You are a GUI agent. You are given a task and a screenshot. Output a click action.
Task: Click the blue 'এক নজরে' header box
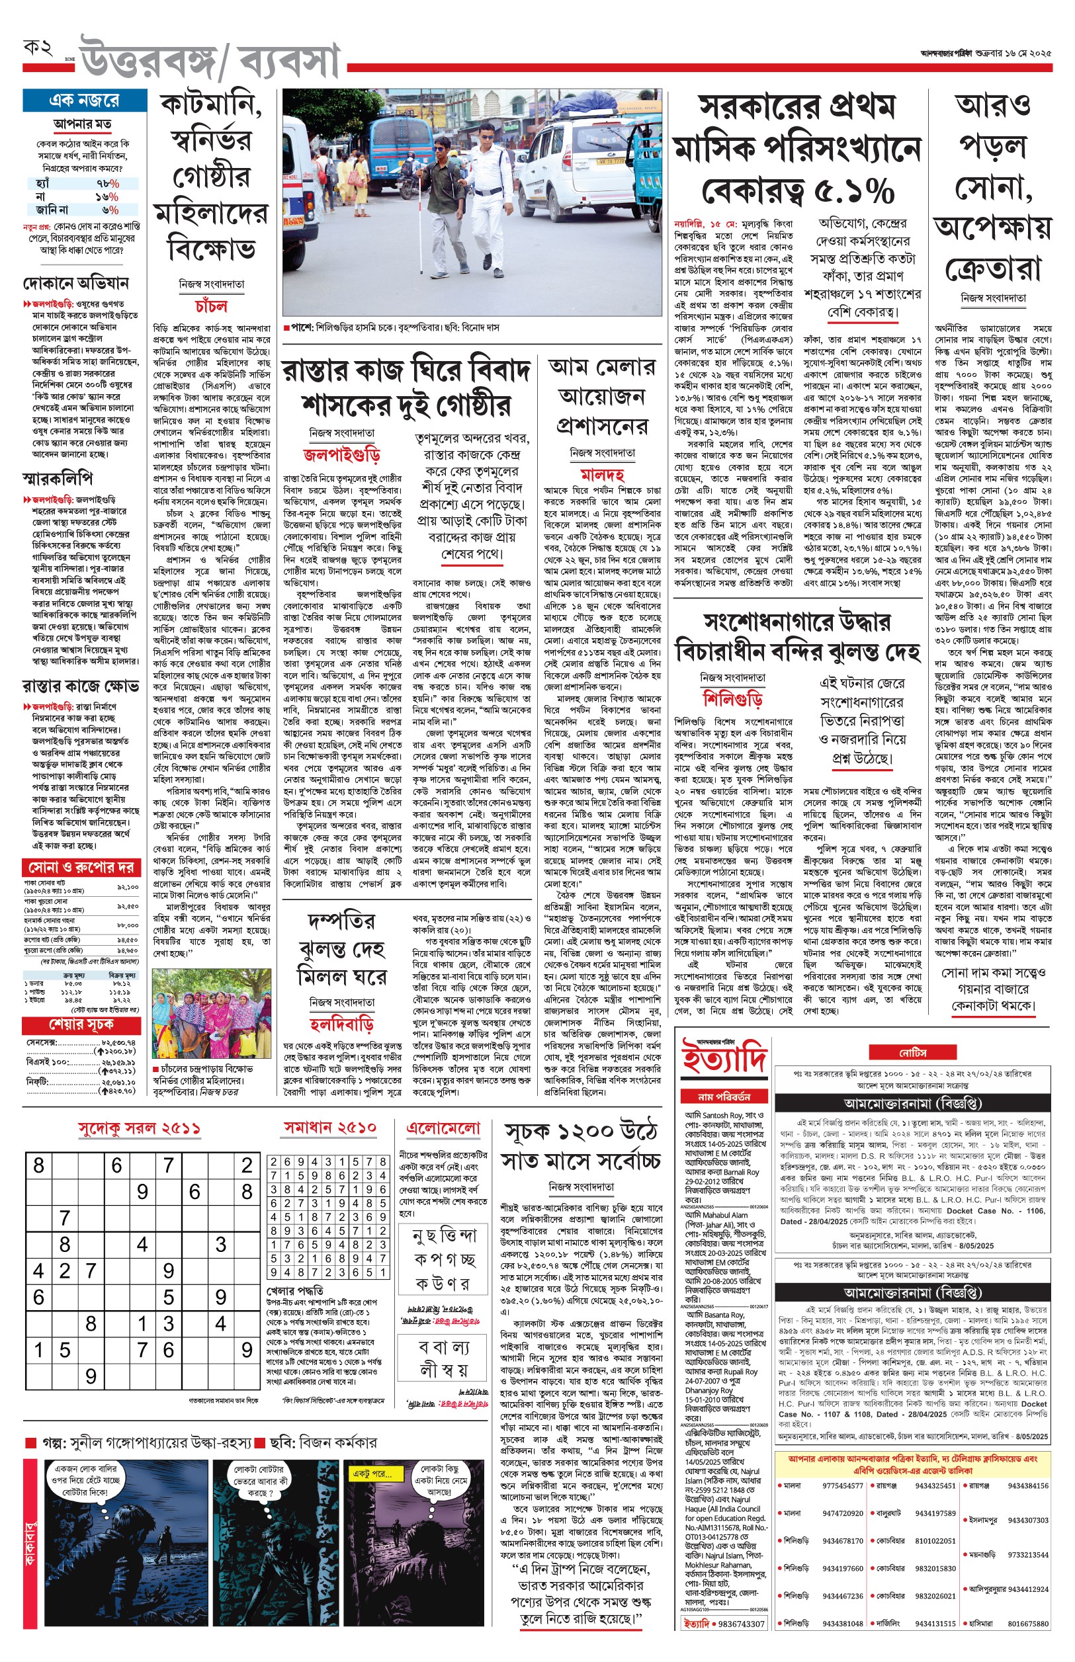point(84,101)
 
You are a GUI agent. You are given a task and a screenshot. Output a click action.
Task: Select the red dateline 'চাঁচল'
point(211,306)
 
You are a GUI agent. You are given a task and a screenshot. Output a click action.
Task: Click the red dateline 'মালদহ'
point(602,474)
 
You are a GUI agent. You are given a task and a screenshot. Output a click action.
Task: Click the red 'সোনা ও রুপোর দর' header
point(81,867)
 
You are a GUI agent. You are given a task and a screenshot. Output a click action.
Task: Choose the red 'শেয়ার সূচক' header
point(81,1024)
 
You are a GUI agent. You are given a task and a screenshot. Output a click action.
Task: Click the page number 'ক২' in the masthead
point(38,48)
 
